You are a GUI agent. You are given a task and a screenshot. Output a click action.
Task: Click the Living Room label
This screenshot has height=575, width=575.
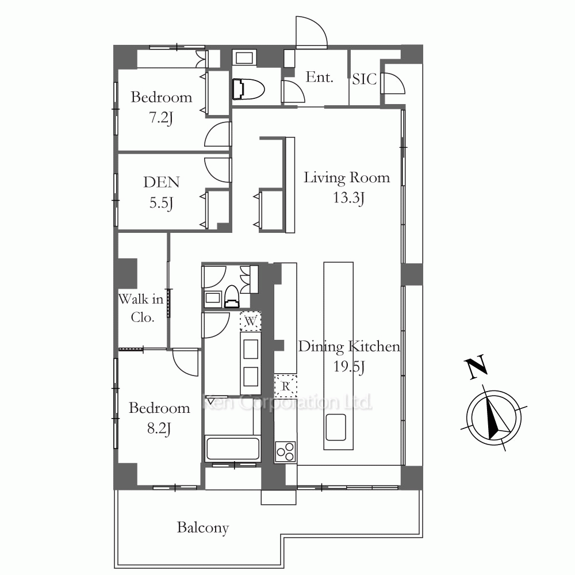click(x=347, y=178)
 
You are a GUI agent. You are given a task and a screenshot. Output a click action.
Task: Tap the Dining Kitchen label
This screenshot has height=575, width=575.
click(x=349, y=347)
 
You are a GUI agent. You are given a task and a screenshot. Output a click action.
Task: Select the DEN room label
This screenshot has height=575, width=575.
click(x=162, y=182)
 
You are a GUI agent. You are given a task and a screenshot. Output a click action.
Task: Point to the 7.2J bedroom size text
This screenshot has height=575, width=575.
click(x=161, y=117)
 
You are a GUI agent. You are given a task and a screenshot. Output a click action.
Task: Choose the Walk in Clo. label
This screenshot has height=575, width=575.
click(x=141, y=308)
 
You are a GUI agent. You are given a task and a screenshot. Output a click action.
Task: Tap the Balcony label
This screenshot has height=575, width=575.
click(x=203, y=528)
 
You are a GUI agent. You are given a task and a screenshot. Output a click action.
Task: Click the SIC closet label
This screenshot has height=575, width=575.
click(x=364, y=79)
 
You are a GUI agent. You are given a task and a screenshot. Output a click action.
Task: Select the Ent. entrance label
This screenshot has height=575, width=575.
click(x=319, y=77)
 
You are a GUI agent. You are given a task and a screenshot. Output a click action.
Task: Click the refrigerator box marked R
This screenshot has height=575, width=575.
click(x=285, y=386)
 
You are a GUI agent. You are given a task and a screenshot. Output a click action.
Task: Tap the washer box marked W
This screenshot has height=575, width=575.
click(x=251, y=321)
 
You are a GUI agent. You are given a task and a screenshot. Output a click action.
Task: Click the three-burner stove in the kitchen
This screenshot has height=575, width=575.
click(x=285, y=451)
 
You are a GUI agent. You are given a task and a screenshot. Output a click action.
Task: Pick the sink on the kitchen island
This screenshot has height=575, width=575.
click(x=336, y=427)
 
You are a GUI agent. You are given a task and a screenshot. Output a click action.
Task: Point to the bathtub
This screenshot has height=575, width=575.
click(x=232, y=449)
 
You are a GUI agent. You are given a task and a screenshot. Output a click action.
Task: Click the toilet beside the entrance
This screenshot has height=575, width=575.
click(x=248, y=89)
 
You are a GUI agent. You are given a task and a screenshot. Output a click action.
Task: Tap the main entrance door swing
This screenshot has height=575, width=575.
click(x=311, y=32)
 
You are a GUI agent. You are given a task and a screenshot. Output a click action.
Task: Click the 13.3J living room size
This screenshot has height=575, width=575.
click(x=348, y=198)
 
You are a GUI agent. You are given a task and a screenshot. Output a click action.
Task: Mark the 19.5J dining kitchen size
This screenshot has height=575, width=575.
click(x=349, y=366)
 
